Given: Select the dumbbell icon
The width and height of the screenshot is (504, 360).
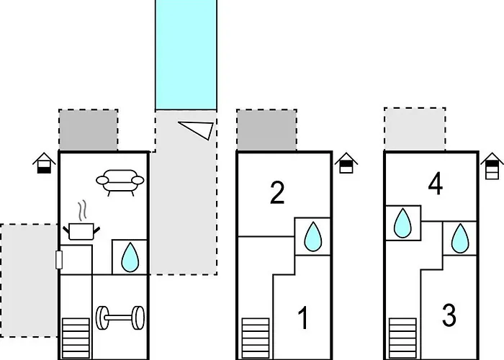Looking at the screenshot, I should [x=120, y=317].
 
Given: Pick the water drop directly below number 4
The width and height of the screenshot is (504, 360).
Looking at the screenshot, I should [x=402, y=222].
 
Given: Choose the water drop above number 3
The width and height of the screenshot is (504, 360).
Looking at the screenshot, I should [x=458, y=239].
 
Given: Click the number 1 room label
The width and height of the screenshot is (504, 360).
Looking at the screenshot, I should [x=303, y=318].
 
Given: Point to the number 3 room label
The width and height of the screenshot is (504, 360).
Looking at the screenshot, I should [x=449, y=315].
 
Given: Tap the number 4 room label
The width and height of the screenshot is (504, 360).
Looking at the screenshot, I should [x=435, y=185].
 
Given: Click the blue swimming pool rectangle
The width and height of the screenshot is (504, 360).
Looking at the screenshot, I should [x=186, y=54].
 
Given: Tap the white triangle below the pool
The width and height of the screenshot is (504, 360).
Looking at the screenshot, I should [x=198, y=128].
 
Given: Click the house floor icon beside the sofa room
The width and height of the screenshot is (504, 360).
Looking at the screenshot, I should [x=45, y=163].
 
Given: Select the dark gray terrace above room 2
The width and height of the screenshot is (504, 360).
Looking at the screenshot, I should [x=266, y=130].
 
